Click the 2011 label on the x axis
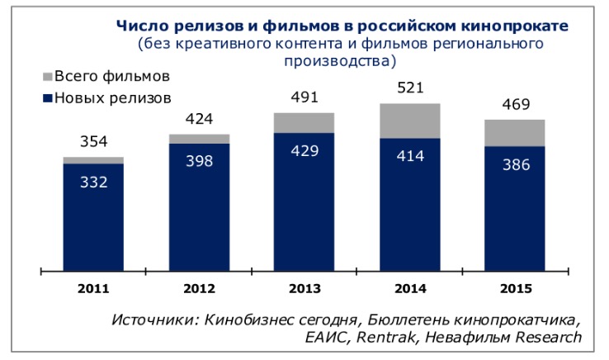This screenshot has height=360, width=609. pyautogui.click(x=92, y=288)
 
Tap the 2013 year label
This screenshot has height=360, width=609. pyautogui.click(x=304, y=288)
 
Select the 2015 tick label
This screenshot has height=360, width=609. pyautogui.click(x=516, y=288)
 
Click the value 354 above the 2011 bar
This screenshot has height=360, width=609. pyautogui.click(x=93, y=142)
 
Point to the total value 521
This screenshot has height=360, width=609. pyautogui.click(x=410, y=87)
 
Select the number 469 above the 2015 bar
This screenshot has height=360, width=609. pyautogui.click(x=516, y=104)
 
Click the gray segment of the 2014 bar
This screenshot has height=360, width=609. pyautogui.click(x=410, y=121)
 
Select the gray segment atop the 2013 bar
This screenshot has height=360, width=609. pyautogui.click(x=304, y=122)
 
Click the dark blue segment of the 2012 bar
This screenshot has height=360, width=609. pyautogui.click(x=199, y=206)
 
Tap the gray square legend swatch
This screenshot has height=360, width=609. pyautogui.click(x=46, y=77)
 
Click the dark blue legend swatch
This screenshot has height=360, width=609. pyautogui.click(x=46, y=98)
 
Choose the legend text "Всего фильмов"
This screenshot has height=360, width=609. pyautogui.click(x=111, y=77)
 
